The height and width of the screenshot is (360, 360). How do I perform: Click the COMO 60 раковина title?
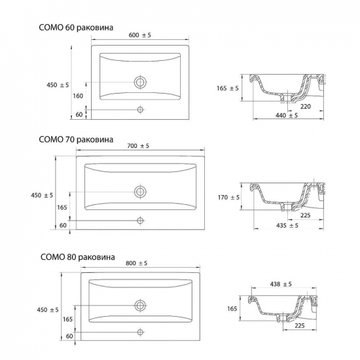[x=76, y=27]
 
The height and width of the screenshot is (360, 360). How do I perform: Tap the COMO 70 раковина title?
[x=76, y=139]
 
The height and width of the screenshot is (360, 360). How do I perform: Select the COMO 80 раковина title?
[x=78, y=257]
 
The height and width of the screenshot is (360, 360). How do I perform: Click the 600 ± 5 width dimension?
[x=140, y=35]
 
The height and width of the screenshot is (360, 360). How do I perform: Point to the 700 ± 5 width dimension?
[x=138, y=146]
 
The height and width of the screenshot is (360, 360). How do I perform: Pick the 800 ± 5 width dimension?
[x=136, y=263]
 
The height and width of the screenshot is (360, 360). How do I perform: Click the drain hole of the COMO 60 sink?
[x=140, y=82]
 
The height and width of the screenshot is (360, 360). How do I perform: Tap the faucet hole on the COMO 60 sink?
[x=140, y=110]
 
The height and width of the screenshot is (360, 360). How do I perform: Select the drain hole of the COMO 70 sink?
[x=140, y=192]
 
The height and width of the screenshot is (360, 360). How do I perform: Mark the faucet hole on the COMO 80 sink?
[x=140, y=332]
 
